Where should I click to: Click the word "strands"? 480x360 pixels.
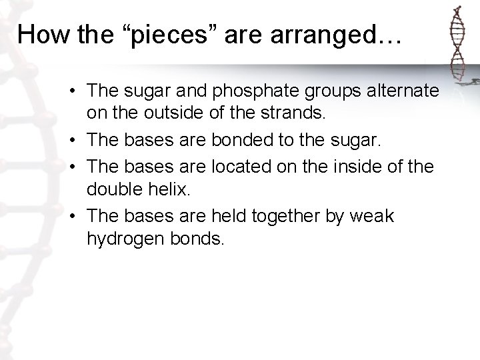pyautogui.click(x=290, y=114)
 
